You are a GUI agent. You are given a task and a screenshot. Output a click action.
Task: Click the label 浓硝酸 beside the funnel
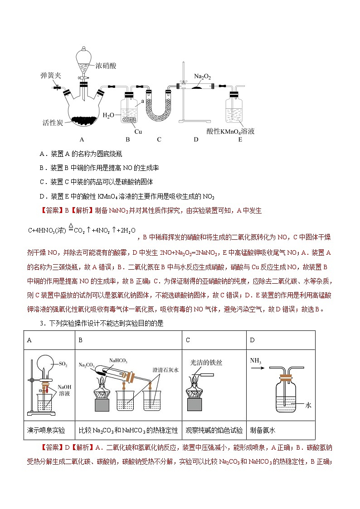click(x=106, y=66)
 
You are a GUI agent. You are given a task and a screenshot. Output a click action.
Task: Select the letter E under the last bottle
click(x=240, y=140)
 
